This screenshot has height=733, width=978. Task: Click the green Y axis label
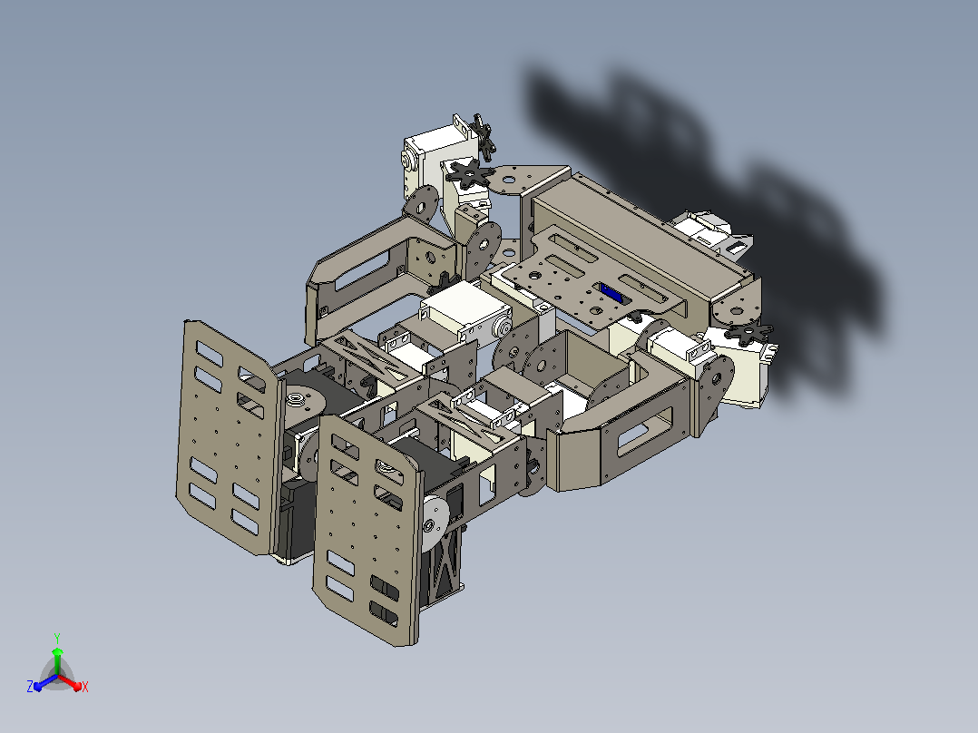[57, 638]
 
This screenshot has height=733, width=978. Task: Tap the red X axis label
[85, 687]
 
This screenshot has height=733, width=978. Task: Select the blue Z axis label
[30, 687]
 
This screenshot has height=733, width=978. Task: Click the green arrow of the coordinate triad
[57, 660]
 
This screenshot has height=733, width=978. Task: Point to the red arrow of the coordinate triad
[69, 681]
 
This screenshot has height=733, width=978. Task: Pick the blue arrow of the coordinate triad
[45, 682]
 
